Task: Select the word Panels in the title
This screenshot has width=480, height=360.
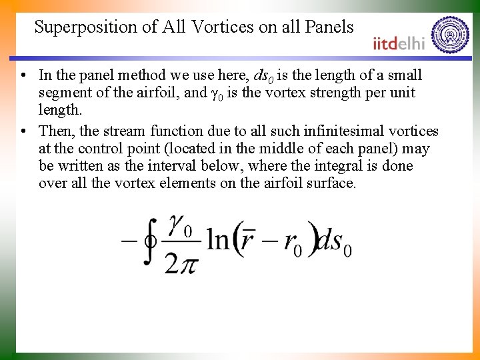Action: [x=330, y=27]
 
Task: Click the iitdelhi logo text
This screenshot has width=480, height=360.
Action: [x=399, y=43]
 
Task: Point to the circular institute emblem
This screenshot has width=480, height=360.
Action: [x=450, y=34]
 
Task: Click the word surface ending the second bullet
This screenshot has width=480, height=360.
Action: [x=331, y=183]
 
